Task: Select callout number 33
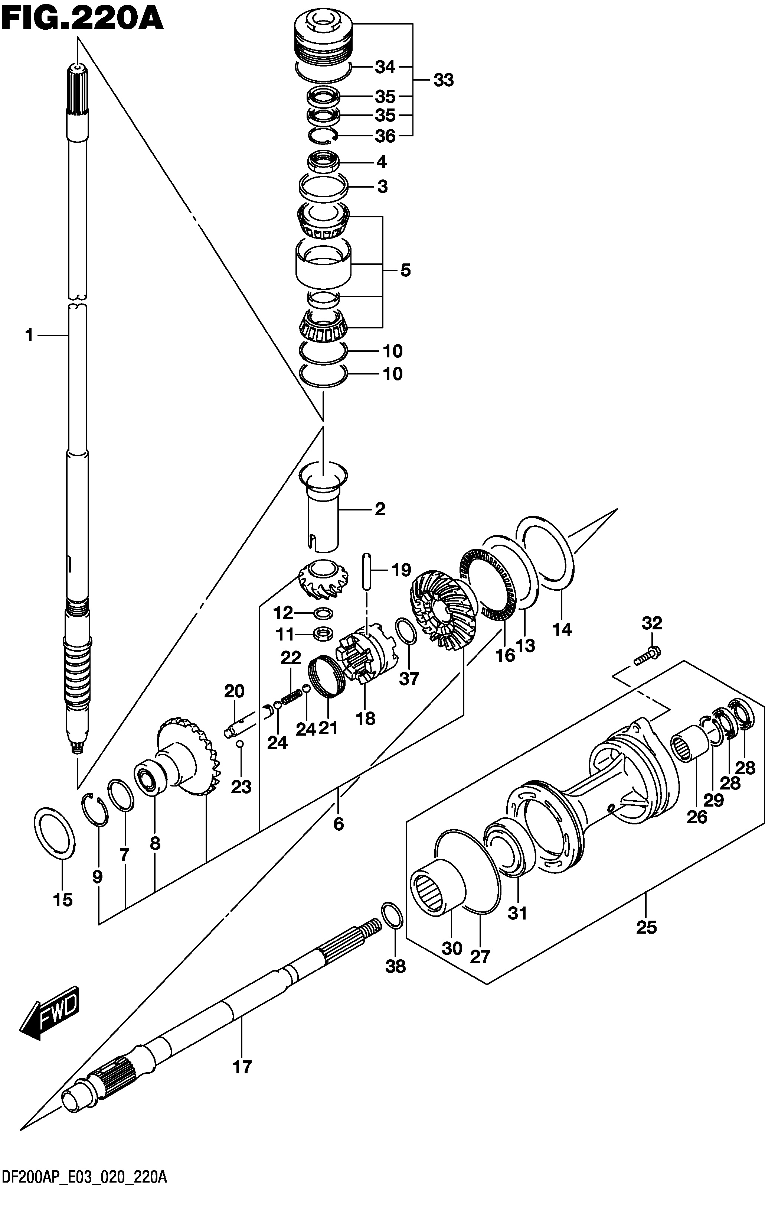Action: pyautogui.click(x=444, y=80)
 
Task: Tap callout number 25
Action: pyautogui.click(x=647, y=927)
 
